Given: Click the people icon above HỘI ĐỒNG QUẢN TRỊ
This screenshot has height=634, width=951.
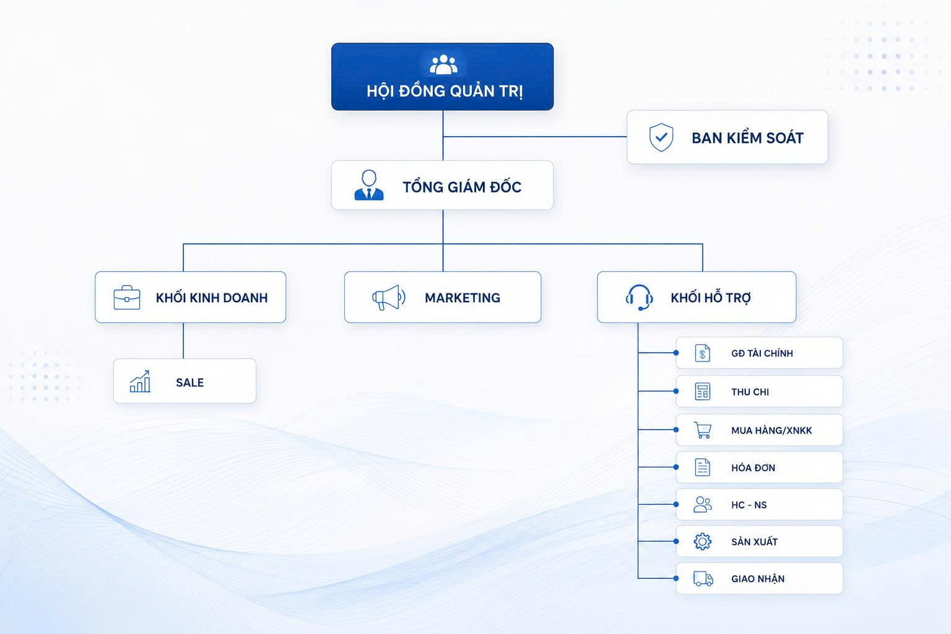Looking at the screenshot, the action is click(444, 64).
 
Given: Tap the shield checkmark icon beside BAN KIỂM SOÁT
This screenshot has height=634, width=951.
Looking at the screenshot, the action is click(661, 137).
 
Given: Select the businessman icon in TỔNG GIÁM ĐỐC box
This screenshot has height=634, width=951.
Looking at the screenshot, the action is click(369, 185).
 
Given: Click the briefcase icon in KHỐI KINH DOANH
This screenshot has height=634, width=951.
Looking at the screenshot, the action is click(127, 297).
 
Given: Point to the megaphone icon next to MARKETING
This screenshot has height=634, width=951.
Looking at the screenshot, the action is click(388, 297).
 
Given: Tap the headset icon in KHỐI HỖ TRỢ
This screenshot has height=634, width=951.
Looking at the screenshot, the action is click(639, 297).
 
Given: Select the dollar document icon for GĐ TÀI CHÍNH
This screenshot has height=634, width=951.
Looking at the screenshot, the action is click(703, 353).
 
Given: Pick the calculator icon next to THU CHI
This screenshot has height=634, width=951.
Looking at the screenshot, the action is click(703, 391).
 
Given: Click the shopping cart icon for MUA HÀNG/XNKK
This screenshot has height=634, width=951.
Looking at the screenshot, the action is click(703, 430).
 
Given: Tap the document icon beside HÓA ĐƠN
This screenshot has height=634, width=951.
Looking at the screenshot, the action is click(703, 467).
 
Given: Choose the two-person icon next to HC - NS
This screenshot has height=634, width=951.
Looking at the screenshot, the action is click(703, 505).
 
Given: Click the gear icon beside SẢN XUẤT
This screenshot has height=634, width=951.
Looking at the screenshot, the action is click(703, 541).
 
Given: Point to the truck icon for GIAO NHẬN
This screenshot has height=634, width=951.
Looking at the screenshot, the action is click(703, 578).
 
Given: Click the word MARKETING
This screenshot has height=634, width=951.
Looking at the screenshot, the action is click(462, 298).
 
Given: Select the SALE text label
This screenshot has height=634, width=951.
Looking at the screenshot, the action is click(190, 383).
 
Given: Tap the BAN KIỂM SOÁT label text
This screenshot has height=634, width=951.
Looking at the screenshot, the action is click(748, 137).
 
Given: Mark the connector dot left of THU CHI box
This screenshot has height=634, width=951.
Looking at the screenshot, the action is click(676, 391).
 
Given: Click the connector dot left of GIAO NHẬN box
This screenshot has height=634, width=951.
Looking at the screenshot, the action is click(676, 578).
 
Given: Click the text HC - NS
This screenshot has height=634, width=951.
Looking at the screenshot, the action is click(749, 505).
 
